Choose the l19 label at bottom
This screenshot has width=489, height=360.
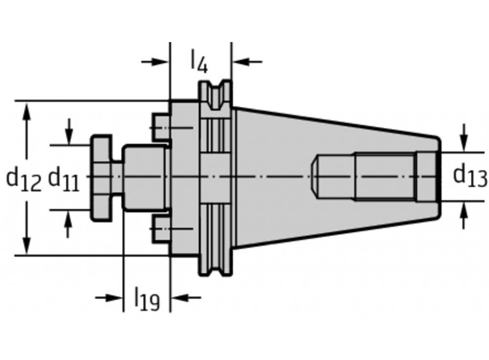[x=147, y=299]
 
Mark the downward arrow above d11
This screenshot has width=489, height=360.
[x=70, y=136]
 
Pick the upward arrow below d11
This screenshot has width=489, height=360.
[x=70, y=219]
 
